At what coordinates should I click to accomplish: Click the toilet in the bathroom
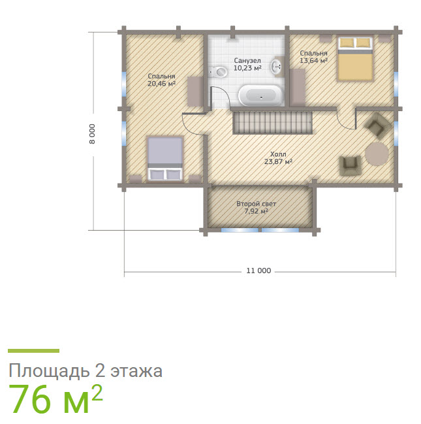tap(219, 71)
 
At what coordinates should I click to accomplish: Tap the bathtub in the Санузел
tap(260, 95)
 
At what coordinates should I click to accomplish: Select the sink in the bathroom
tap(277, 66)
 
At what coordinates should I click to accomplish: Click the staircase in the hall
tap(273, 122)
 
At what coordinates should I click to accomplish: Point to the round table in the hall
tap(377, 154)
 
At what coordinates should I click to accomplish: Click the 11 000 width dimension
tap(258, 270)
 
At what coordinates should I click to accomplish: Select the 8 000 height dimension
tap(93, 134)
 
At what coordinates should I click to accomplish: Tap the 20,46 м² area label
tap(162, 84)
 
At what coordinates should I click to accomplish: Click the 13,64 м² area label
tap(313, 61)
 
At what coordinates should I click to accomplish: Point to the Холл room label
tap(278, 154)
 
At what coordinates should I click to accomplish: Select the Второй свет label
tap(256, 204)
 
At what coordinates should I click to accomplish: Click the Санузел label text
tap(247, 61)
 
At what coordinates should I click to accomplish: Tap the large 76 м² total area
tap(55, 399)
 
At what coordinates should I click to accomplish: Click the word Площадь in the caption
tap(49, 371)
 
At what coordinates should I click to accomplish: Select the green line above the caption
tap(33, 351)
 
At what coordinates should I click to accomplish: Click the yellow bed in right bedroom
tap(355, 59)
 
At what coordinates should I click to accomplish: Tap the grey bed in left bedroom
tap(165, 159)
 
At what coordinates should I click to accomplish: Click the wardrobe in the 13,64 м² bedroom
tap(298, 87)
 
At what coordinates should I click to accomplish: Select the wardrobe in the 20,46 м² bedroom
tap(196, 91)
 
